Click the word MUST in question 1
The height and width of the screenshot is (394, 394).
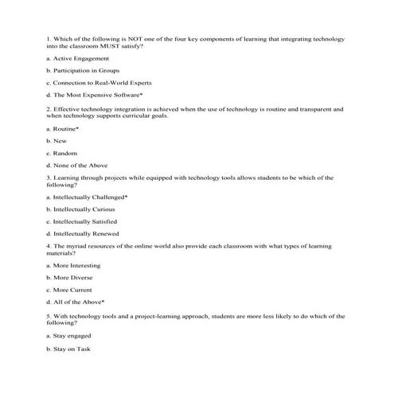tap(122, 47)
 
